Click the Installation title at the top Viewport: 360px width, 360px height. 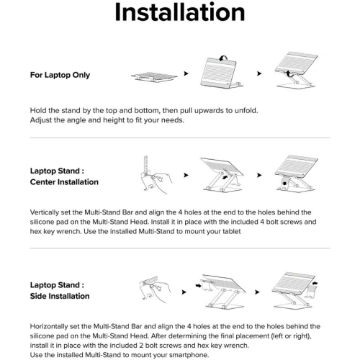coord(180,12)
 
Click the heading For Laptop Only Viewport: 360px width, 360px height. coord(60,75)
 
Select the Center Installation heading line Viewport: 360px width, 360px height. coord(64,182)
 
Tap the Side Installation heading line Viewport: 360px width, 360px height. coord(60,296)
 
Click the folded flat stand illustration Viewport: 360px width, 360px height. coord(154,77)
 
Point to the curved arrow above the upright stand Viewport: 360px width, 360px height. coord(223,58)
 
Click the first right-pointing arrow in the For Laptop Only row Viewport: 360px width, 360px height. coord(186,73)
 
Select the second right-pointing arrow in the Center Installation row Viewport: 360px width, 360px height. coord(259,175)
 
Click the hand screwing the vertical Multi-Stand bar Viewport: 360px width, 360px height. coord(161,181)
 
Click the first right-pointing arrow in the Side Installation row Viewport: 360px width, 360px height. coord(184,292)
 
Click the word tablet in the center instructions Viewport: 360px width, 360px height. coord(232,231)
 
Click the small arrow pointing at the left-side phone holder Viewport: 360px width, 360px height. coord(199,286)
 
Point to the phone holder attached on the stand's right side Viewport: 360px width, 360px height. coord(311,291)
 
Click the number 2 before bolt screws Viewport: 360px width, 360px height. coord(141,346)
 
